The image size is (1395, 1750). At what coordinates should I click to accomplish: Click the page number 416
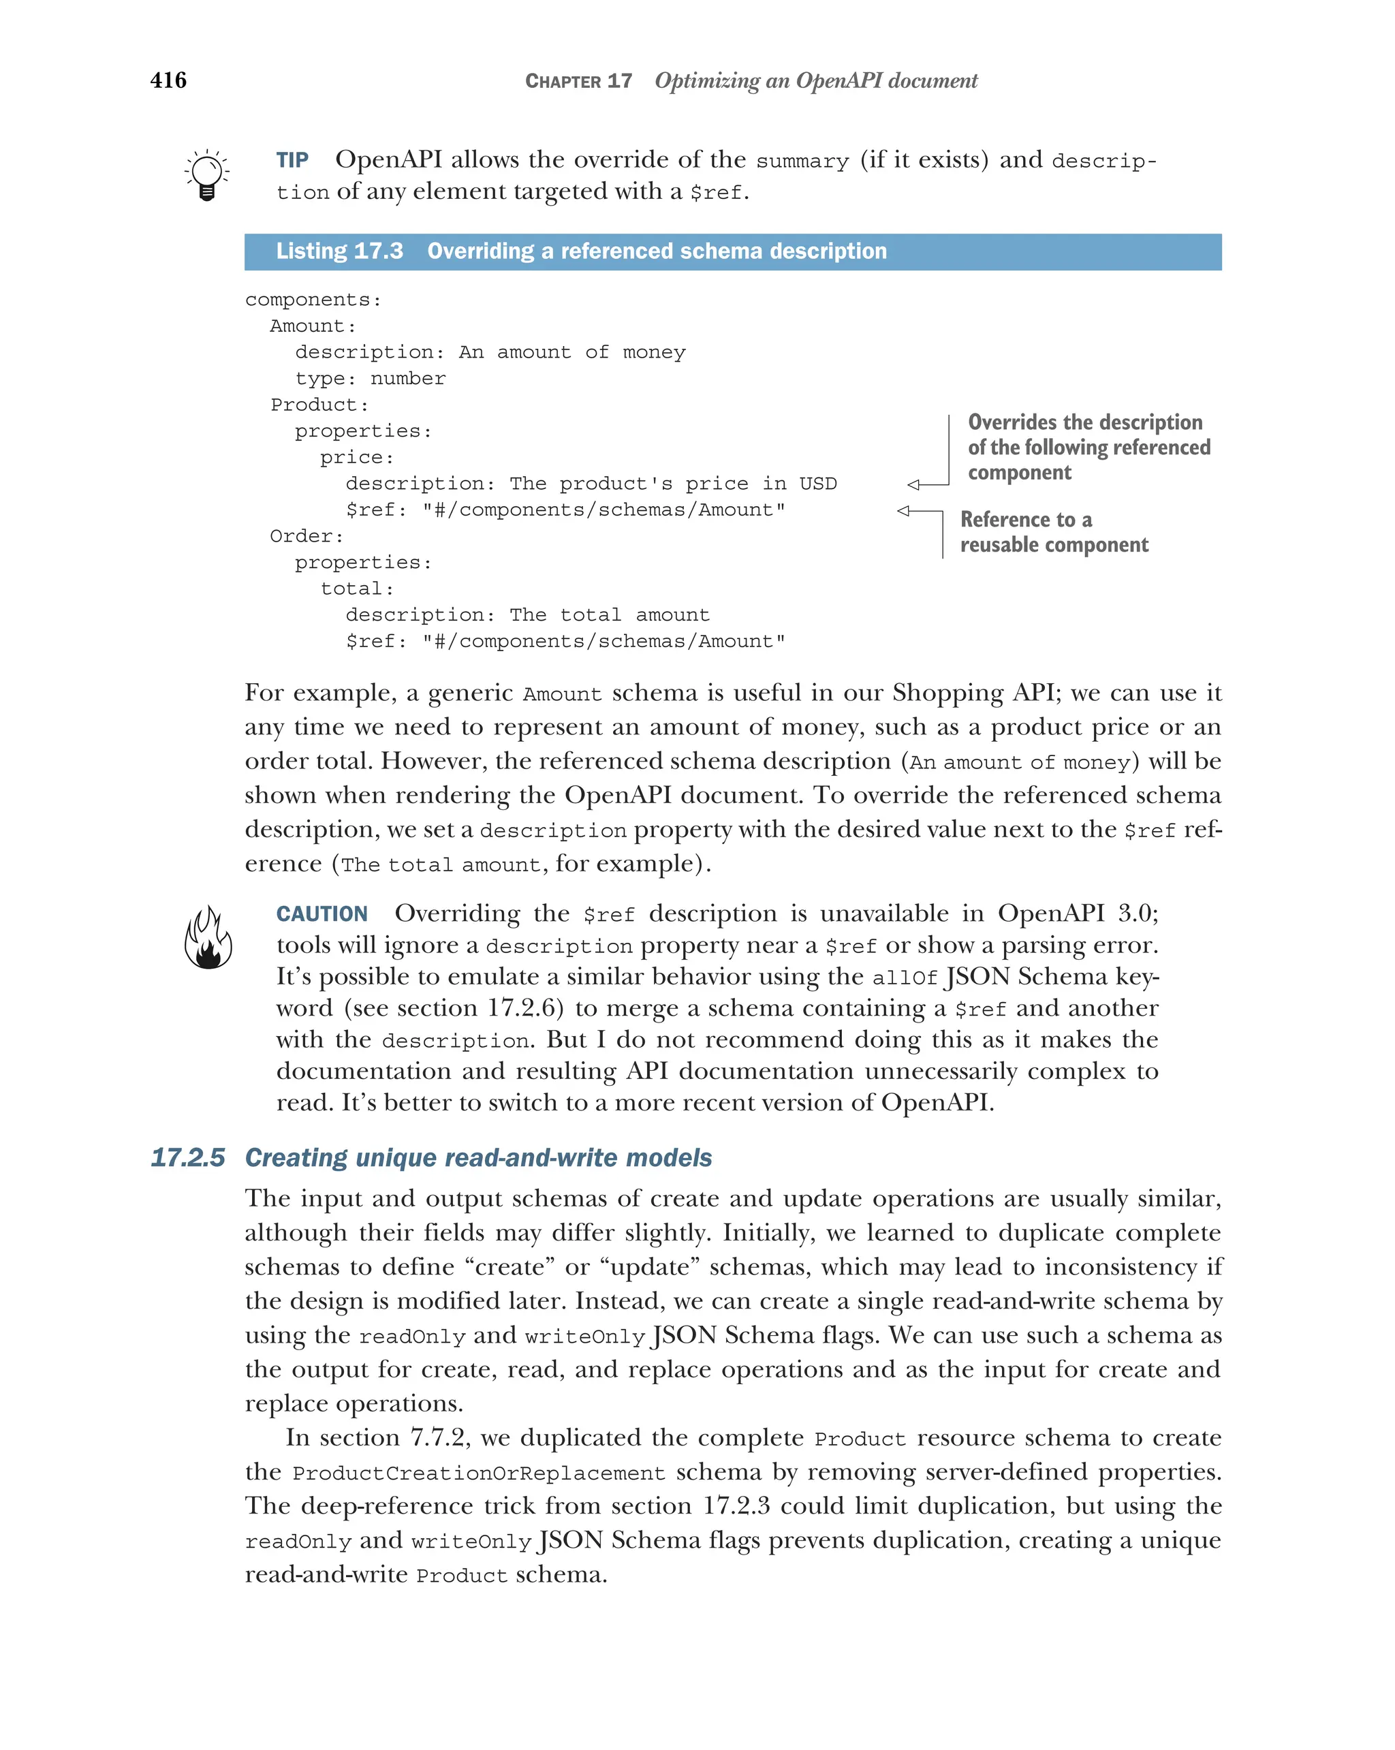(x=168, y=80)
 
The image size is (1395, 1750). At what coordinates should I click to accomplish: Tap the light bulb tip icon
(x=207, y=174)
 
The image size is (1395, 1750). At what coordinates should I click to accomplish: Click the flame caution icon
(x=208, y=937)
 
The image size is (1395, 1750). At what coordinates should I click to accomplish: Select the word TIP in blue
(x=292, y=160)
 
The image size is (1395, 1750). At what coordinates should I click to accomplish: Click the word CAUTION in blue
(x=322, y=914)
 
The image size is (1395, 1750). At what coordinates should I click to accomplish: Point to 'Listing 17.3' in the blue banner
(x=339, y=251)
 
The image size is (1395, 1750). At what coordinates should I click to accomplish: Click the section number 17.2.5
(x=187, y=1157)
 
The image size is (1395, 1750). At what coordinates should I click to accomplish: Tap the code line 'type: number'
(x=370, y=379)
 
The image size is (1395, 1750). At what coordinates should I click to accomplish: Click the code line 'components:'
(x=313, y=300)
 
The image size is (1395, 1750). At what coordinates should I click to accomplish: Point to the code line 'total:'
(x=357, y=589)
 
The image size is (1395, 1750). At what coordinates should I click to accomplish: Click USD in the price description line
(x=817, y=484)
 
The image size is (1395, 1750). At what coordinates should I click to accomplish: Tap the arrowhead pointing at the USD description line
(x=913, y=484)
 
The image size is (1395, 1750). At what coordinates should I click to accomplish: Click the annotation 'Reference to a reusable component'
(x=1053, y=531)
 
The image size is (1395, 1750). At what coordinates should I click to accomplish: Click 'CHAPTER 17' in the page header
(x=578, y=81)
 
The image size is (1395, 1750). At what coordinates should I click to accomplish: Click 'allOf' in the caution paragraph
(x=904, y=978)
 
